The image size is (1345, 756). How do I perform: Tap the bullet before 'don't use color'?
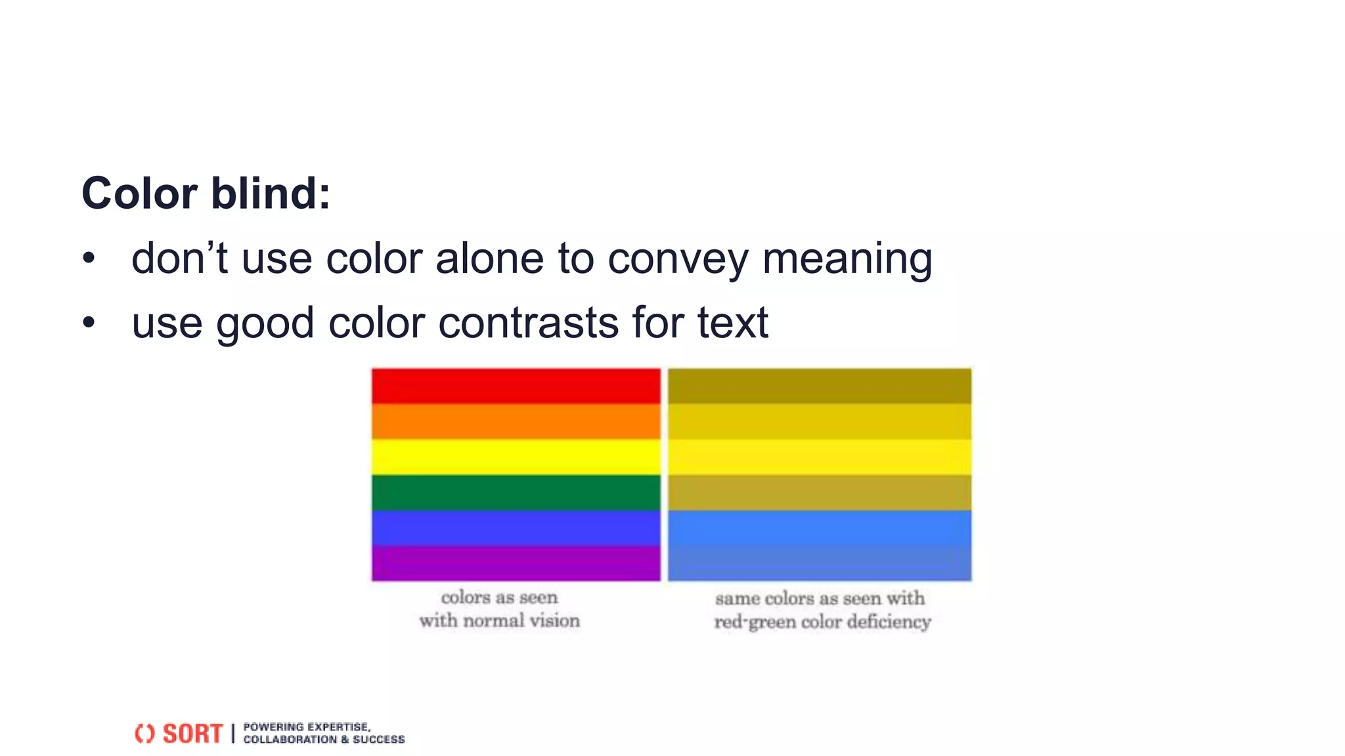(x=89, y=259)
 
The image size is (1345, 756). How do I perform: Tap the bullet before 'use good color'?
(x=89, y=323)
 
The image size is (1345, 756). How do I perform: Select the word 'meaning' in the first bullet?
(x=847, y=259)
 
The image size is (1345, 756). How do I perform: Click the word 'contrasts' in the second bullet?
(x=529, y=323)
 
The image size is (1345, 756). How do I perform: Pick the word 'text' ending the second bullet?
(x=732, y=323)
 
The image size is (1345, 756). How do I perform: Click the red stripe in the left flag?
(x=516, y=386)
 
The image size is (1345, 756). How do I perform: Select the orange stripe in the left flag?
(x=516, y=421)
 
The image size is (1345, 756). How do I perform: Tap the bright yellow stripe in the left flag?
(x=516, y=457)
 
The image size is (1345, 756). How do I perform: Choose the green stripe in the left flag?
(x=516, y=492)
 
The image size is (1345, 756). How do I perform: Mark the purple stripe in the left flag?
(x=516, y=563)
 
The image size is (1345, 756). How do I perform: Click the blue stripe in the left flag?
(x=516, y=528)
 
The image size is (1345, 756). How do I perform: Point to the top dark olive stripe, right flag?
(x=820, y=386)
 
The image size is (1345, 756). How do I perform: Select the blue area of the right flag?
(x=820, y=545)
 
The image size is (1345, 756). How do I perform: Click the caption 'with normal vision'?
(x=499, y=620)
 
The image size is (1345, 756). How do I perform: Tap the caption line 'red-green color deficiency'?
(x=822, y=621)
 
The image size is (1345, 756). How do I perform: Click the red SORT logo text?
(x=192, y=733)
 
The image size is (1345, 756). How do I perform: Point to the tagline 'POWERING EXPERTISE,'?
(x=307, y=726)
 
